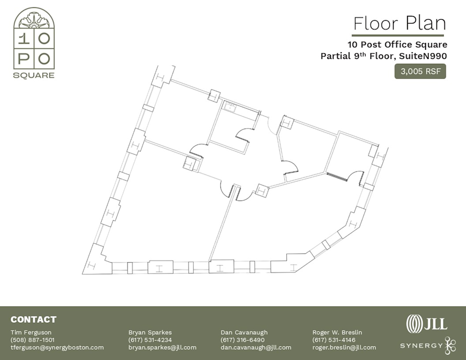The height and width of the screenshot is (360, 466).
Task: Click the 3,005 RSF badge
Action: point(420,71)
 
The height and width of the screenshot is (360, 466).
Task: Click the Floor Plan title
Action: point(399,23)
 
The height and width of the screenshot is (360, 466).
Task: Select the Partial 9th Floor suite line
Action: point(383,56)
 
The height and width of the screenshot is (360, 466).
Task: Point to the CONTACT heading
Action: point(33,320)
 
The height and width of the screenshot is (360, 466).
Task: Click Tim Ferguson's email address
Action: point(57,348)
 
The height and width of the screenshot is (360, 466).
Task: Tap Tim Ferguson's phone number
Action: point(33,340)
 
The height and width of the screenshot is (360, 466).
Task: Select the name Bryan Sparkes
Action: point(150,332)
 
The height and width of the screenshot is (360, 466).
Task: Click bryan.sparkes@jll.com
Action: point(162,348)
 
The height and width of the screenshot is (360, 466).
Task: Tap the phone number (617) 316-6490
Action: point(242,340)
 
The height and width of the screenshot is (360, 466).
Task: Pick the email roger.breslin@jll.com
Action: point(344,348)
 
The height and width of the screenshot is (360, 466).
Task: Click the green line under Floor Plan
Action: point(398,35)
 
